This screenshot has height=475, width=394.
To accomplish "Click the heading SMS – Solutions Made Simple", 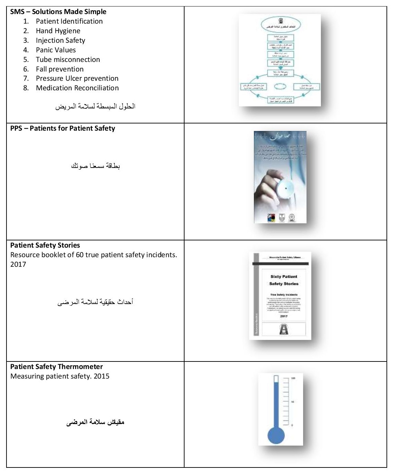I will click(58, 12).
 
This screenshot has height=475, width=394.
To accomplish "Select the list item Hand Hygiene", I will click(58, 31).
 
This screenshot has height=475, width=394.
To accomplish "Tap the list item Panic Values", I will click(56, 50).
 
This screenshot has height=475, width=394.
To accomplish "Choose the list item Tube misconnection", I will click(68, 60).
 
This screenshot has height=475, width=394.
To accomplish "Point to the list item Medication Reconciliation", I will click(77, 88).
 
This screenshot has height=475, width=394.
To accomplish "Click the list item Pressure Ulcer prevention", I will click(77, 78).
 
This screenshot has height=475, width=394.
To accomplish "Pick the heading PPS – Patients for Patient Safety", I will click(63, 128).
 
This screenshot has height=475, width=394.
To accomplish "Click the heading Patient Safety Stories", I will click(45, 245).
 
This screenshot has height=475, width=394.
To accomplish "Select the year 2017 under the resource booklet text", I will click(18, 264).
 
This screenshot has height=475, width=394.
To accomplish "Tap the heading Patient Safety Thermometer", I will click(56, 367).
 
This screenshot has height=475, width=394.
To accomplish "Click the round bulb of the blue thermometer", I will click(276, 435).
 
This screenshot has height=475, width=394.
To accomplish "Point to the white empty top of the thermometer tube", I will click(276, 379).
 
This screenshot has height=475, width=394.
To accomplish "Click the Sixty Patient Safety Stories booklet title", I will click(284, 280).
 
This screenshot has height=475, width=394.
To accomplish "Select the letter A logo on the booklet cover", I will click(284, 329).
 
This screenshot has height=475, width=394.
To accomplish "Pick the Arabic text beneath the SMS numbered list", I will click(95, 106).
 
